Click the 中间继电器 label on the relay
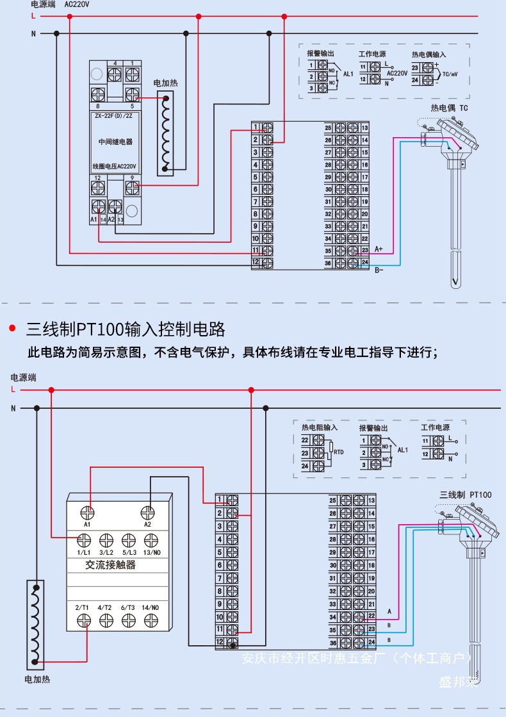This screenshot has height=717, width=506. [115, 141]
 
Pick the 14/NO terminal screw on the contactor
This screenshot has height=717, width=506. [151, 620]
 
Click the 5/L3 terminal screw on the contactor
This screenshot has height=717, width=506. [129, 541]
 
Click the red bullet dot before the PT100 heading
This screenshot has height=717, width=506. [12, 329]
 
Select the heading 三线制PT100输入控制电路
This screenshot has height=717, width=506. [126, 329]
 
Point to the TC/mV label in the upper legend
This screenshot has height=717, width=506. [450, 74]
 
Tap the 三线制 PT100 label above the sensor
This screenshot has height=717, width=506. [466, 495]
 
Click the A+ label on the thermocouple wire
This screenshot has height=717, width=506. [378, 249]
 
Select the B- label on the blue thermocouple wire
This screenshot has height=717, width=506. [378, 270]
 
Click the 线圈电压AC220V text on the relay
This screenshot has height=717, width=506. [115, 166]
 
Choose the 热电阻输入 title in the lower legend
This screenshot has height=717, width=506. [320, 427]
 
